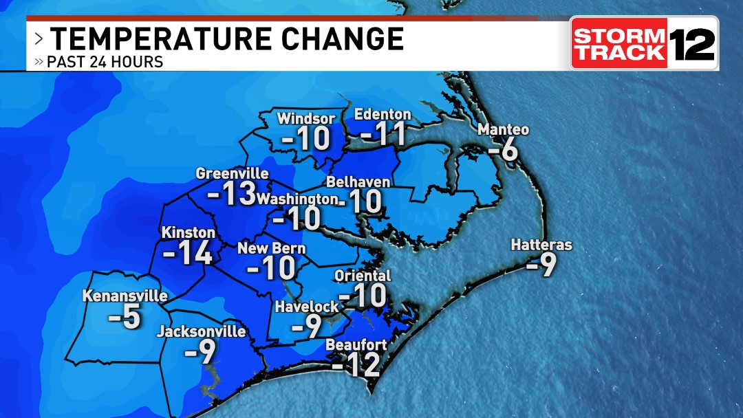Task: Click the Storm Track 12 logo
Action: [x=644, y=43]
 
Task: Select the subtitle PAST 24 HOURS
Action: [x=105, y=62]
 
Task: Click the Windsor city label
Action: [x=306, y=119]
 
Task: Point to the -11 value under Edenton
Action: [x=383, y=133]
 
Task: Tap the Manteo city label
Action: [x=504, y=130]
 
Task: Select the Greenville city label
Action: [x=232, y=173]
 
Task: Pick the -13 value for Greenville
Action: [x=232, y=195]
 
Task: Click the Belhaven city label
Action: [x=358, y=182]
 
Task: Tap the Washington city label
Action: [x=297, y=199]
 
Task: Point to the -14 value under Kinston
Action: [x=187, y=253]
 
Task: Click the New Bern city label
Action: [x=272, y=249]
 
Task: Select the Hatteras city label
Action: [x=541, y=245]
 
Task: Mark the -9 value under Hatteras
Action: [x=541, y=265]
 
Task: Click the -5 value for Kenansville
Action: [x=125, y=318]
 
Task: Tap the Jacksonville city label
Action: [x=201, y=332]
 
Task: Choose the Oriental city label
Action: [x=362, y=276]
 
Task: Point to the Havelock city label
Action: [x=307, y=307]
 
